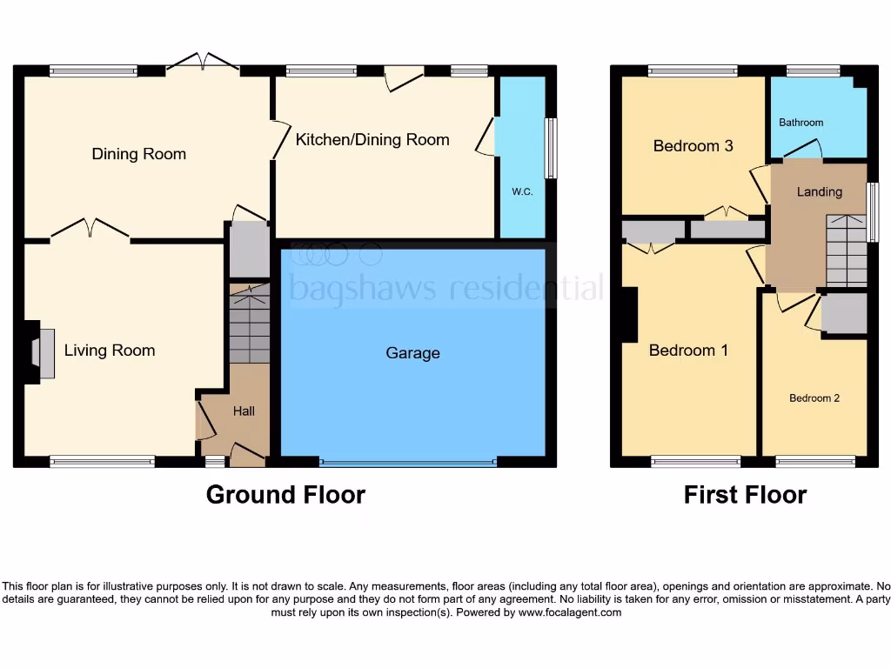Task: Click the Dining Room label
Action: (x=139, y=154)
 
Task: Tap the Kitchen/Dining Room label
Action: (x=372, y=139)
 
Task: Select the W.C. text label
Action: (x=522, y=191)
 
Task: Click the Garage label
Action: (x=412, y=353)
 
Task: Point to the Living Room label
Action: (x=110, y=351)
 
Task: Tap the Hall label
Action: (x=244, y=411)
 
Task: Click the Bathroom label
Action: (x=801, y=123)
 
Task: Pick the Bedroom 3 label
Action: (x=693, y=145)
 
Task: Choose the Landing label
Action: (x=820, y=191)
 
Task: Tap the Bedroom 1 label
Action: (x=688, y=351)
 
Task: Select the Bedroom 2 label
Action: (x=814, y=398)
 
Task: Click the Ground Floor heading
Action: (x=285, y=495)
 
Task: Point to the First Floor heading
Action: (x=745, y=495)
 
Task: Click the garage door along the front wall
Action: (x=408, y=463)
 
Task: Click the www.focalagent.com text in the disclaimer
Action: (x=570, y=612)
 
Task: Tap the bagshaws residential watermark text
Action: (x=445, y=287)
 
